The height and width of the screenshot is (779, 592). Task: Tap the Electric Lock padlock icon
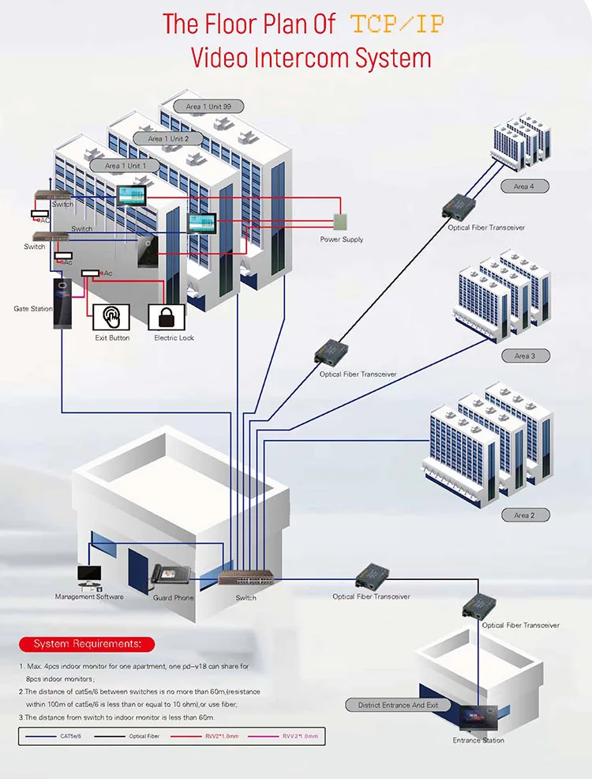(x=167, y=318)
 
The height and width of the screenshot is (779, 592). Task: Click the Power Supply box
(x=341, y=222)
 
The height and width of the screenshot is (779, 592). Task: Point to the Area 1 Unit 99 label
(x=209, y=106)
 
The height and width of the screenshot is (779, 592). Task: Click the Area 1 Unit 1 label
(x=123, y=166)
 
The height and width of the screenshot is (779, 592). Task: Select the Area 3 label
(x=525, y=356)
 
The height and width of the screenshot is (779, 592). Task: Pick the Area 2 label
(x=525, y=515)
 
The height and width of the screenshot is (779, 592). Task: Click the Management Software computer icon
(x=89, y=578)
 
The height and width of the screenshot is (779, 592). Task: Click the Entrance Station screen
(x=478, y=717)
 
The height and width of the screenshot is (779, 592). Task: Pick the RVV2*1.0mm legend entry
(x=221, y=736)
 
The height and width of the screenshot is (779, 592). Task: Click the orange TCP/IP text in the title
(x=397, y=24)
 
